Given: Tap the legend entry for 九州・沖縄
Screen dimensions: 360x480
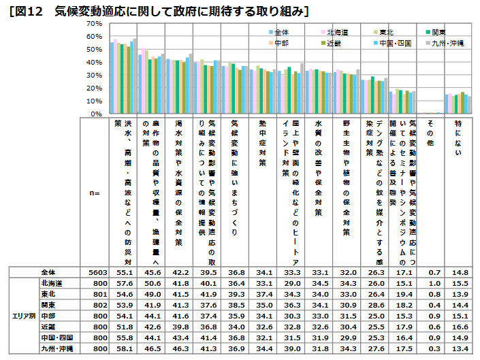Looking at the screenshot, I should pos(448,43).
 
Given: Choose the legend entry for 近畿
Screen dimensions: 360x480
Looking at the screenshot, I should pos(336,43).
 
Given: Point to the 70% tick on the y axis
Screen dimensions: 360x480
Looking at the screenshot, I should pos(93,23).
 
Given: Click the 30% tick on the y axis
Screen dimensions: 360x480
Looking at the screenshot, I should pos(93,75).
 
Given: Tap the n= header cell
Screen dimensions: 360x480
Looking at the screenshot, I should pos(95,193).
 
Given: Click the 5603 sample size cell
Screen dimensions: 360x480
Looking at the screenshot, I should pos(95,272).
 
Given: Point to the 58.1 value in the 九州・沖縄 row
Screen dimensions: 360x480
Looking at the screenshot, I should pos(124,348).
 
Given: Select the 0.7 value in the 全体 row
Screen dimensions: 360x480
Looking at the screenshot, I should pos(430,272).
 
